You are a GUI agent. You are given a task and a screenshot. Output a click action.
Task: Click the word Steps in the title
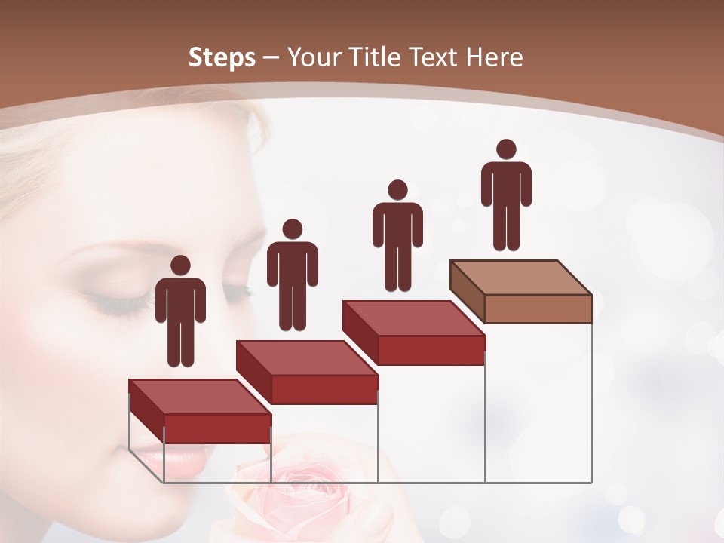coord(222,57)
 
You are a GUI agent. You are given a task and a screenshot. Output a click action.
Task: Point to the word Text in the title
coord(437,57)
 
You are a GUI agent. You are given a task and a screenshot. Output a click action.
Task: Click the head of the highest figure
coord(506,149)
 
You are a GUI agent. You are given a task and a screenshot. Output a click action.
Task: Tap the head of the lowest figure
coord(180,265)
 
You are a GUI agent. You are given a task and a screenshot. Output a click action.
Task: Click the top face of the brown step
coord(521,277)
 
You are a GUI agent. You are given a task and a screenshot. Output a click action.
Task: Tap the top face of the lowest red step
coord(199,397)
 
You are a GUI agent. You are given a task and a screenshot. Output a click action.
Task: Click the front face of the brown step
coord(538,308)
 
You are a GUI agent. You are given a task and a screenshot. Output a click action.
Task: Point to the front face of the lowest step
coord(217,428)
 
